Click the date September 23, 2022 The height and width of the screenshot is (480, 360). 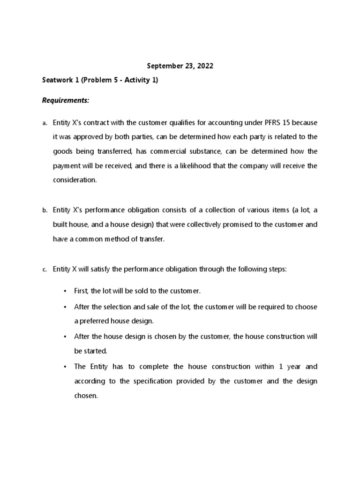click(x=180, y=66)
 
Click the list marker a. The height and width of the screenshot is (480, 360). click(x=45, y=123)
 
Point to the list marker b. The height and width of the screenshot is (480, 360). click(x=45, y=211)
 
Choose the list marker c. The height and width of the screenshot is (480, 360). click(x=45, y=270)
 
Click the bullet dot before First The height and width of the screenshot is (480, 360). click(x=65, y=291)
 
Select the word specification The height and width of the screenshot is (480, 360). click(x=155, y=381)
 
